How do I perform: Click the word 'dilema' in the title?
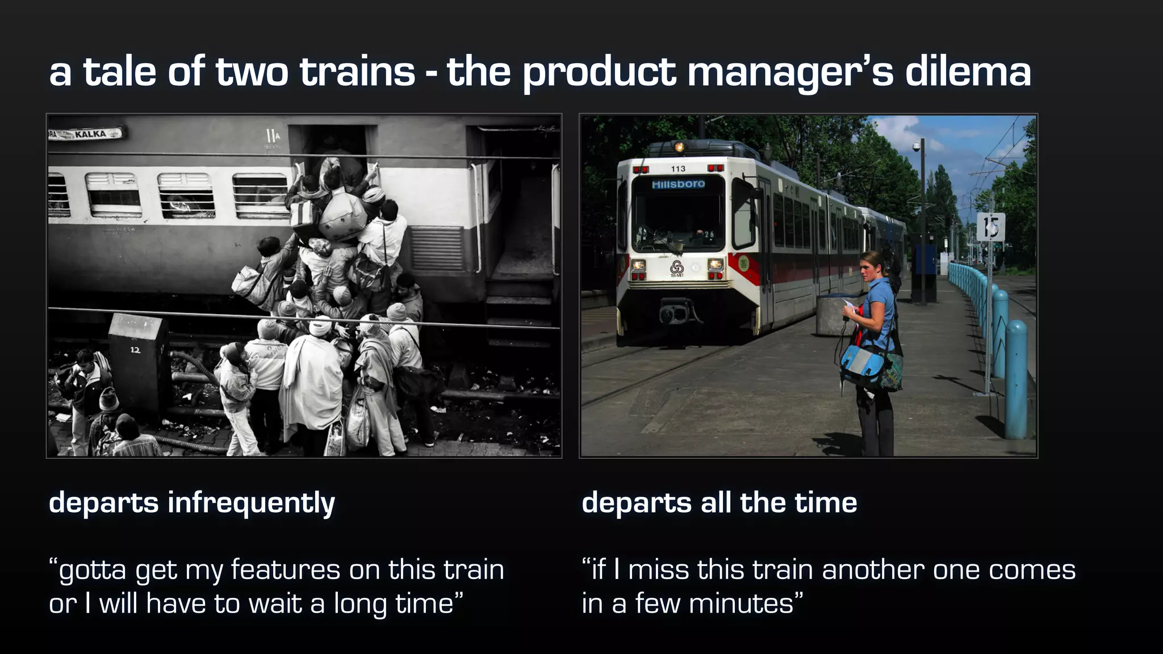coord(968,72)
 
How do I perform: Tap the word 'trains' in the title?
coord(357,72)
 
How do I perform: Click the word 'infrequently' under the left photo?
coord(251,504)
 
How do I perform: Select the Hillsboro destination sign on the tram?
coord(678,184)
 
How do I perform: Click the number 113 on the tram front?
coord(678,169)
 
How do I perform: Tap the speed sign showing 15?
coord(991,227)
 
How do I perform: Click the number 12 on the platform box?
coord(135,350)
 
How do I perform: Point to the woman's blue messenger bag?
coord(869,367)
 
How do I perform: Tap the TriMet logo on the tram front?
coord(676,267)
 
